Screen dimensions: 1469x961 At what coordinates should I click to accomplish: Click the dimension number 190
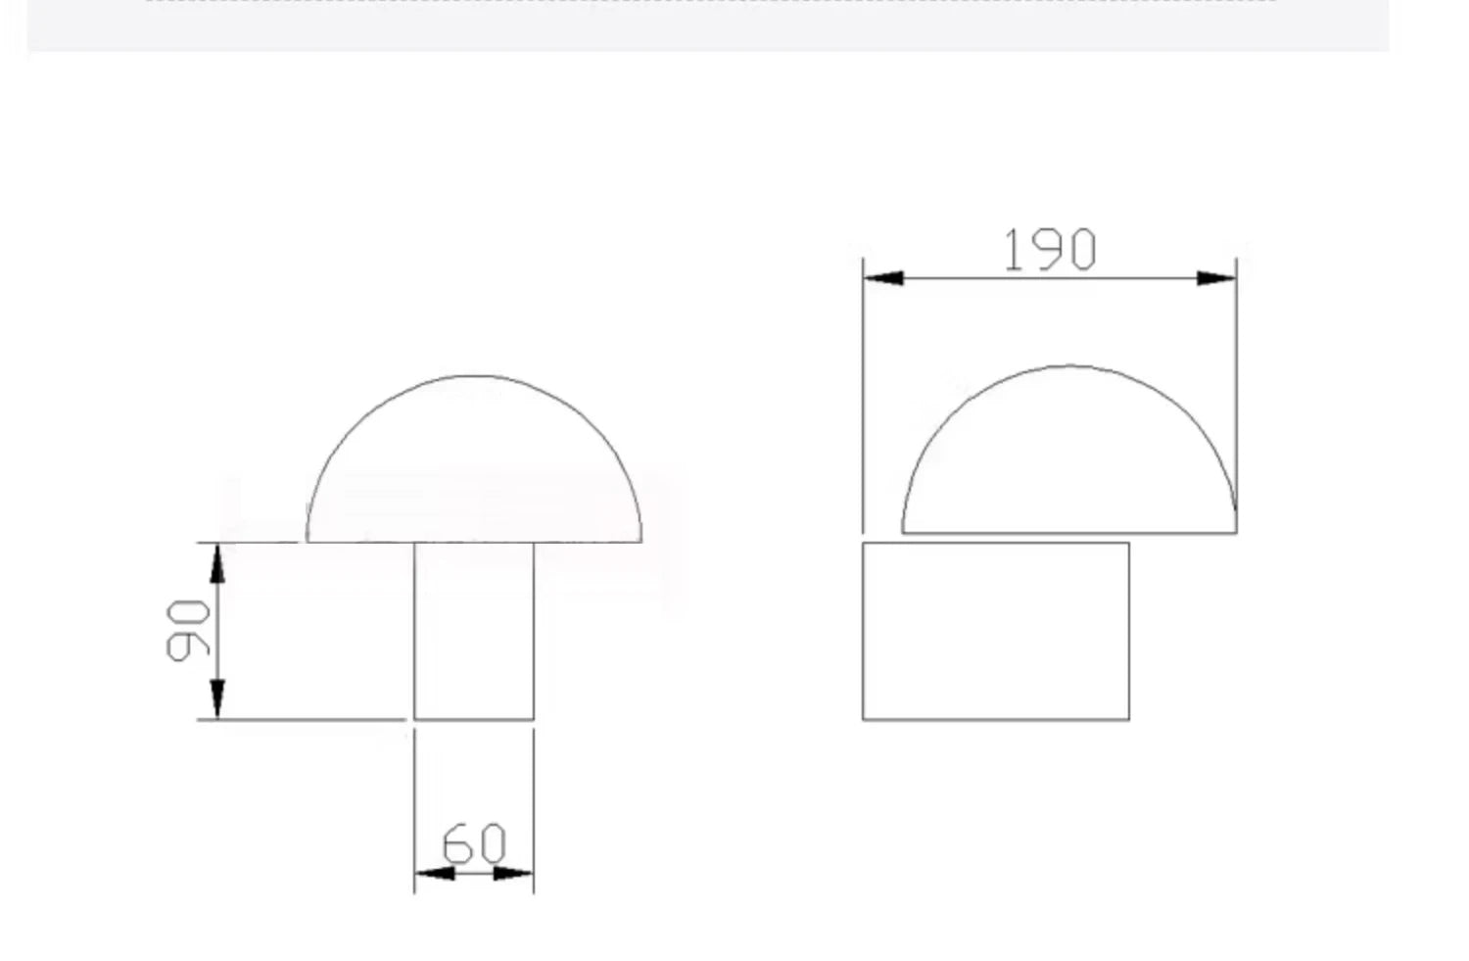(1050, 250)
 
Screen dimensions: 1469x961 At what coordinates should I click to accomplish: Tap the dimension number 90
(188, 631)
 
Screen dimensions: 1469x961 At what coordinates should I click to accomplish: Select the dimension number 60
(474, 842)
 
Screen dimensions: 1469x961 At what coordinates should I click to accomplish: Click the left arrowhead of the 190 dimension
(883, 278)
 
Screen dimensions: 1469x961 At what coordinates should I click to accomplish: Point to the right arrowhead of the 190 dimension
(1216, 278)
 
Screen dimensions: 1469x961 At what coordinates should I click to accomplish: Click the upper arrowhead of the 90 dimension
(217, 563)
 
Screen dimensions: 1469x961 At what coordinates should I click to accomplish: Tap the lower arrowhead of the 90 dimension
(217, 699)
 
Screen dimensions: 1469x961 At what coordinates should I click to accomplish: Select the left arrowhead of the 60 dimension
(435, 873)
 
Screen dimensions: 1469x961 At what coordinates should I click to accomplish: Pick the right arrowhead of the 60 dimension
(513, 873)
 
